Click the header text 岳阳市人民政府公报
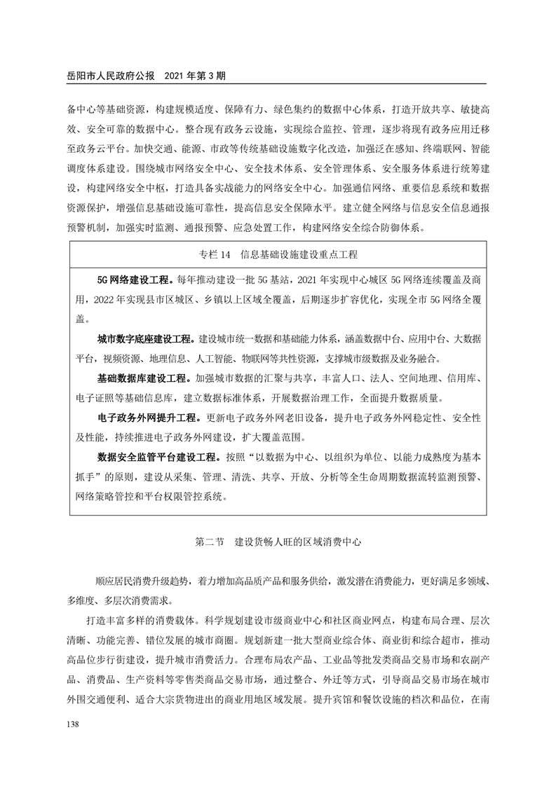pyautogui.click(x=111, y=75)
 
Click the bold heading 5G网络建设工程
pyautogui.click(x=135, y=280)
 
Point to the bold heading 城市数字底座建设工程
pyautogui.click(x=147, y=339)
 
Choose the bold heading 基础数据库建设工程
pyautogui.click(x=142, y=379)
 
